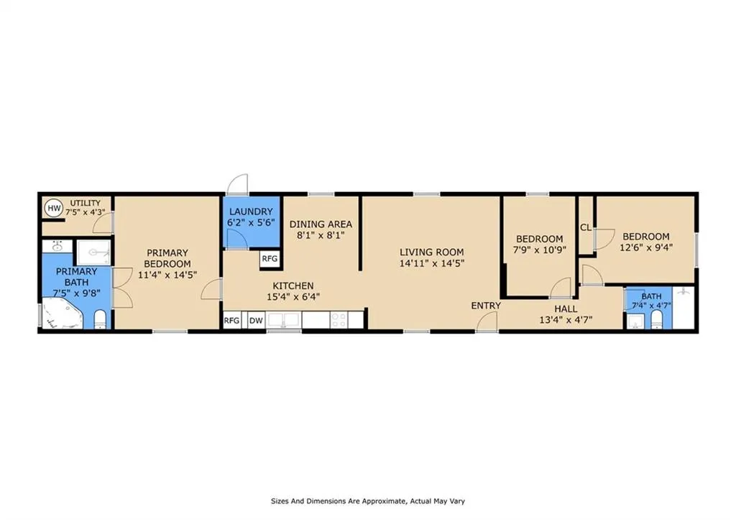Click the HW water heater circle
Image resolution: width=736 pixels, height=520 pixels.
point(55,208)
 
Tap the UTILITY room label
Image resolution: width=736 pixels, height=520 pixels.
point(86,203)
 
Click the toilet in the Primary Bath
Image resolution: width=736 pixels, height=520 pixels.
point(101,319)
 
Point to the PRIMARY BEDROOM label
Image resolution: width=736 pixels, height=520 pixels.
point(167,258)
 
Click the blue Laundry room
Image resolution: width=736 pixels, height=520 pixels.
point(251,222)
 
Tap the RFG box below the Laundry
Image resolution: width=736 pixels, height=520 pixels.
point(270,259)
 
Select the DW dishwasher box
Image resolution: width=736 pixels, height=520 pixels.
point(256,321)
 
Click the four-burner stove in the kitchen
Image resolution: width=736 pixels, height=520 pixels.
point(339,320)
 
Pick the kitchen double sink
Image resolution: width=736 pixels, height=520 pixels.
point(283,320)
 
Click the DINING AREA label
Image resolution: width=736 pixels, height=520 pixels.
point(321,224)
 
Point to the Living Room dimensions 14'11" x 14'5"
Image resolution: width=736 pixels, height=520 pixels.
point(432,263)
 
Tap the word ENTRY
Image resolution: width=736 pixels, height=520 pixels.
point(486,306)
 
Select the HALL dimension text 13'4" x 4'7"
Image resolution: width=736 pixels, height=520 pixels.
point(566,320)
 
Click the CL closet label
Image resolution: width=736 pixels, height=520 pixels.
point(586,227)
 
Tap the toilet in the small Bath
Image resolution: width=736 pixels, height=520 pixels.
point(657,321)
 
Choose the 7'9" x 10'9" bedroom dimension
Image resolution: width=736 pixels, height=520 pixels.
point(539,250)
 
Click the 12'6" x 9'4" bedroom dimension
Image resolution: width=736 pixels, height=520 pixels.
point(646,247)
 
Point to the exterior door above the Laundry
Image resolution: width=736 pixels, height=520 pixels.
point(237,184)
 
